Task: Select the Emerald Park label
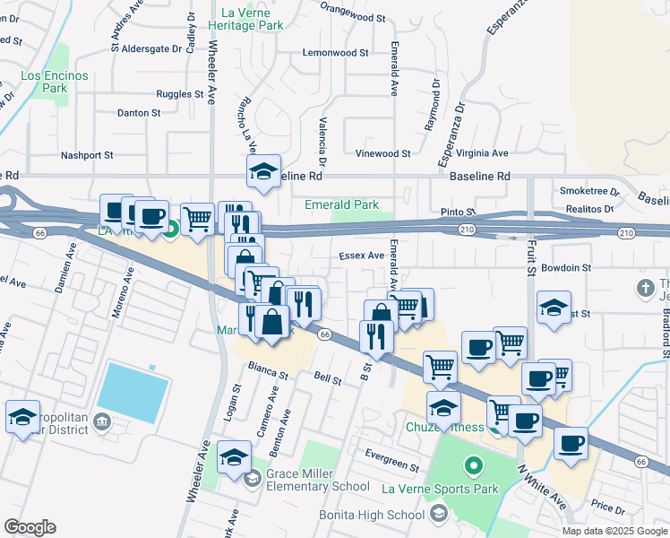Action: coord(341,204)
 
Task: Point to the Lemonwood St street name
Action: coord(336,53)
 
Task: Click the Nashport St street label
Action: coord(87,155)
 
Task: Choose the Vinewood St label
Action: coord(382,154)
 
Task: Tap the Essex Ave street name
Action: coord(361,256)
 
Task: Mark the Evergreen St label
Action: coord(391,467)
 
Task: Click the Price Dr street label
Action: coord(608,508)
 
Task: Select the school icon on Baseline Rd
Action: coord(264,171)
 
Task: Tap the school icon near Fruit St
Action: coord(554,308)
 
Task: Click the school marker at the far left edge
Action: coord(22,417)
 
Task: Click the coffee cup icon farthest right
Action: coord(571,442)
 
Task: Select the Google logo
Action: coord(30,527)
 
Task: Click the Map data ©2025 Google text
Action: coord(614,531)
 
